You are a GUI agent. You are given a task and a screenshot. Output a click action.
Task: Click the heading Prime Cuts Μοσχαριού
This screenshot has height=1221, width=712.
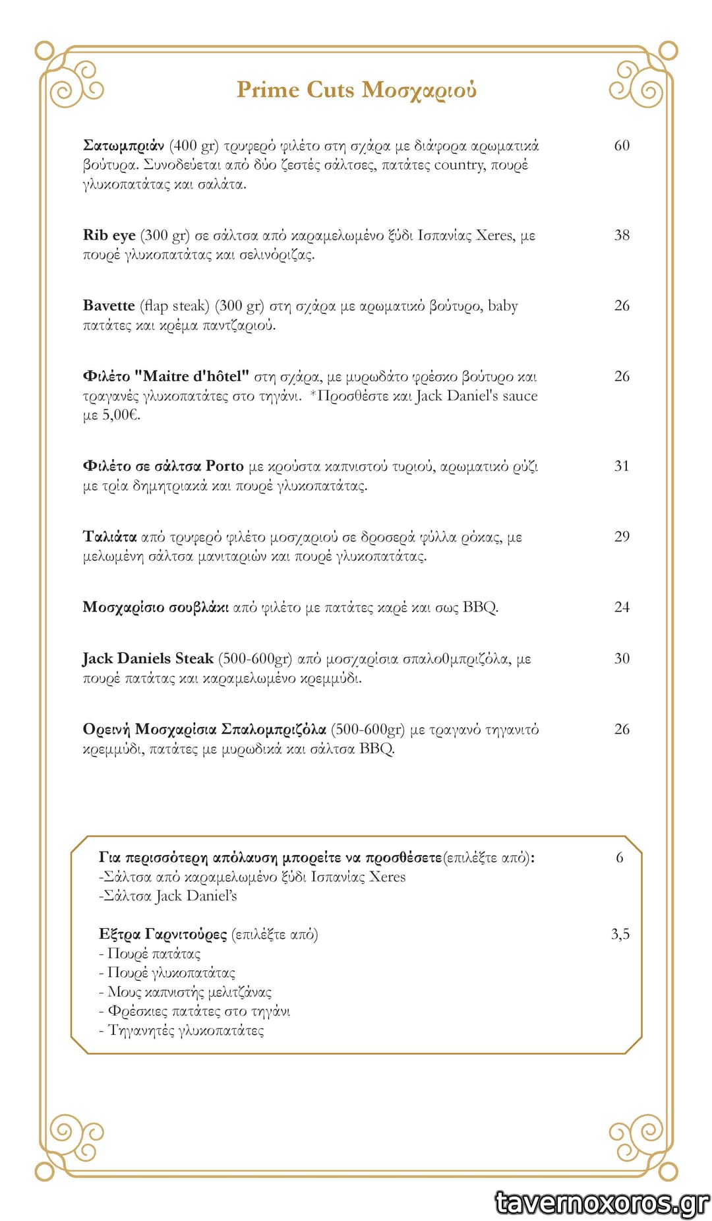356,90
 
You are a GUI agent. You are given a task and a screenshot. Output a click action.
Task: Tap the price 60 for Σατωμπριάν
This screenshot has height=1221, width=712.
622,145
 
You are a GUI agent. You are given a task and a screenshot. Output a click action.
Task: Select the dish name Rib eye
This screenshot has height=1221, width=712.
109,235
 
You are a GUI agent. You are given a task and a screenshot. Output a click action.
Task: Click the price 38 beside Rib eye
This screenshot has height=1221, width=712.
622,235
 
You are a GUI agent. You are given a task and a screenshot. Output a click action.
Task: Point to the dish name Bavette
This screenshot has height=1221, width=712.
109,306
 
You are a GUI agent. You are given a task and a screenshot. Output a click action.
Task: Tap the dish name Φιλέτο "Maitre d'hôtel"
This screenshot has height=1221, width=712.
166,377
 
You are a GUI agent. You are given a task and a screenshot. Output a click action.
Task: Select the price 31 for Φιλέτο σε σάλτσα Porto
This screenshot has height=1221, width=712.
622,466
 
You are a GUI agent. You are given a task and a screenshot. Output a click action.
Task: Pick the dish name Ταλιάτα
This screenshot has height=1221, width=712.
109,537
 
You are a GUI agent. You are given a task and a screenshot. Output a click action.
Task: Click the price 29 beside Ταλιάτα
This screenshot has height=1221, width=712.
622,537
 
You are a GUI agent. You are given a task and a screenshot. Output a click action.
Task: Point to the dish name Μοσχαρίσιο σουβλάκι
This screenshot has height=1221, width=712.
156,608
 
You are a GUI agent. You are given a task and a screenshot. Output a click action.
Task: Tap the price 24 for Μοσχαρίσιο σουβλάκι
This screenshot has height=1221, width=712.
622,608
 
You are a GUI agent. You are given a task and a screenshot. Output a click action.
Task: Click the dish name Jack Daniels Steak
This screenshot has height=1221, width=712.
148,659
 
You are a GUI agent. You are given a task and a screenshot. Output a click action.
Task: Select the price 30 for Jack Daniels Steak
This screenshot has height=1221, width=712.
622,659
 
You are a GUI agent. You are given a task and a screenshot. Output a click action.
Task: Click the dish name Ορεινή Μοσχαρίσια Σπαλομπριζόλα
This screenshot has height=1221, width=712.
204,730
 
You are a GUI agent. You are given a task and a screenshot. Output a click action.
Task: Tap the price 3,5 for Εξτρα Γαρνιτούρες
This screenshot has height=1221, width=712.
620,934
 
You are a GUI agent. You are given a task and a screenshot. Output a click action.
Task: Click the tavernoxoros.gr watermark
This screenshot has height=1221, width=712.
602,1203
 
